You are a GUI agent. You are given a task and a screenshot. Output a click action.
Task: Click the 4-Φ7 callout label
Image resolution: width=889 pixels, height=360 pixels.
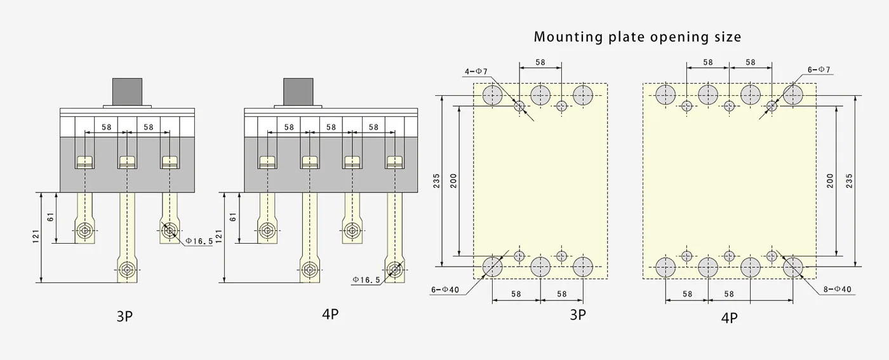tap(476, 72)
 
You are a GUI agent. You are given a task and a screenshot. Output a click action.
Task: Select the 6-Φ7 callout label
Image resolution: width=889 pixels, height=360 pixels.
tap(819, 70)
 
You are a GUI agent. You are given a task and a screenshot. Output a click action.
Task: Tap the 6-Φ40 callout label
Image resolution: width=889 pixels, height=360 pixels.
tap(445, 290)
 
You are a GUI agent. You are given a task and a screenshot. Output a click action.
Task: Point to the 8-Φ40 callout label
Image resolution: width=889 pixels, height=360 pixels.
tap(838, 290)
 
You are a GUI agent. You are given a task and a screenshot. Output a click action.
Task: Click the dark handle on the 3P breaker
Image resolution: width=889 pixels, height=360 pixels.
tap(127, 91)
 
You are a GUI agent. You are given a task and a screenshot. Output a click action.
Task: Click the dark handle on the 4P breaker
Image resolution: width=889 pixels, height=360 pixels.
tap(298, 91)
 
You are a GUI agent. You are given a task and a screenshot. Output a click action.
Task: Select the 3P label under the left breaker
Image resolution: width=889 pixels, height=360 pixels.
tap(124, 316)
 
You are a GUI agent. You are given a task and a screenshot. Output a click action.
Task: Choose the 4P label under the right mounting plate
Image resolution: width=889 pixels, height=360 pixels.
tap(729, 318)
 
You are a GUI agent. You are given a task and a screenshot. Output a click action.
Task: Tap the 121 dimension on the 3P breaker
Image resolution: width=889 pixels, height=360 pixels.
tap(36, 236)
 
